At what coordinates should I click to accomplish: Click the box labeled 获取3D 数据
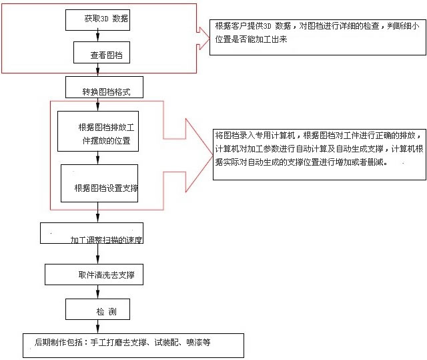pos(97,20)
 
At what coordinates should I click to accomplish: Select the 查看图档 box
pos(101,52)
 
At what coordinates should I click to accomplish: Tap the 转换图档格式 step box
pos(104,87)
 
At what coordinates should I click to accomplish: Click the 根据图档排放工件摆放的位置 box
pos(98,131)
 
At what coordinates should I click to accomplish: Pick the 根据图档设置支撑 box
pos(99,183)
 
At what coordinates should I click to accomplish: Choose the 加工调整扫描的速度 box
pos(92,233)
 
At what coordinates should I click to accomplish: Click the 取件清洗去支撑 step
pos(94,275)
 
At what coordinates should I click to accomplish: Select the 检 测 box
pos(97,309)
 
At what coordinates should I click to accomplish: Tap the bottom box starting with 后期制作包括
pos(133,345)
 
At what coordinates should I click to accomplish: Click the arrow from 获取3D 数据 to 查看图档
pos(98,36)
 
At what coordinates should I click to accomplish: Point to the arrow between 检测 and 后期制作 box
pos(98,326)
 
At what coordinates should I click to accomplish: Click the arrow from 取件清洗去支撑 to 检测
pos(98,292)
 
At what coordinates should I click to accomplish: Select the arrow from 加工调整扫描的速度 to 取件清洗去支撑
pos(98,254)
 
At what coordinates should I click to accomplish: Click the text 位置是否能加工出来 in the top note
pos(251,39)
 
